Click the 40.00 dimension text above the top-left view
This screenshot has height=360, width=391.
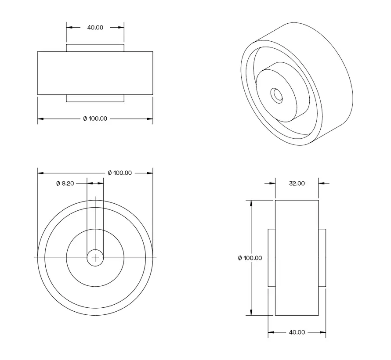(95, 27)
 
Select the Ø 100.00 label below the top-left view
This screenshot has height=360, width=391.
(95, 119)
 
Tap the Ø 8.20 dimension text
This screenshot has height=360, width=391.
(65, 184)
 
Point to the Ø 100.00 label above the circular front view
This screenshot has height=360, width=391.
(119, 173)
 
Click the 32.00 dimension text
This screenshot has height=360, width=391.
(297, 184)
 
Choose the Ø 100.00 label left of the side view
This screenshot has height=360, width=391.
(250, 258)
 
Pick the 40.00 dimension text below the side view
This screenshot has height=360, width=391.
(297, 332)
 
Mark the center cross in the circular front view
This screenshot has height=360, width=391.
(95, 258)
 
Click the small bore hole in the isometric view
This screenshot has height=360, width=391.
(277, 94)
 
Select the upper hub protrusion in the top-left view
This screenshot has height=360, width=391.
(95, 48)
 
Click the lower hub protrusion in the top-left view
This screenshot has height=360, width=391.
(95, 98)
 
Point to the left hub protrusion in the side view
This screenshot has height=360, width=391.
(272, 258)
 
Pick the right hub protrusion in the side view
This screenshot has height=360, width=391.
(322, 258)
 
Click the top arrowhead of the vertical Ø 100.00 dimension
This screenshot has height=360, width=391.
(251, 203)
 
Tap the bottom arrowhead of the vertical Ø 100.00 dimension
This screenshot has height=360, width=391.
(251, 313)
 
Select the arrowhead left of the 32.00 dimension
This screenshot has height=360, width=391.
(272, 184)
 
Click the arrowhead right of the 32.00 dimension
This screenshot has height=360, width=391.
(321, 184)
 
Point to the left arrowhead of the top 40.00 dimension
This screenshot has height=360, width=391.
(69, 27)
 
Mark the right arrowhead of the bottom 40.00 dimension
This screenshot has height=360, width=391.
(323, 332)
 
